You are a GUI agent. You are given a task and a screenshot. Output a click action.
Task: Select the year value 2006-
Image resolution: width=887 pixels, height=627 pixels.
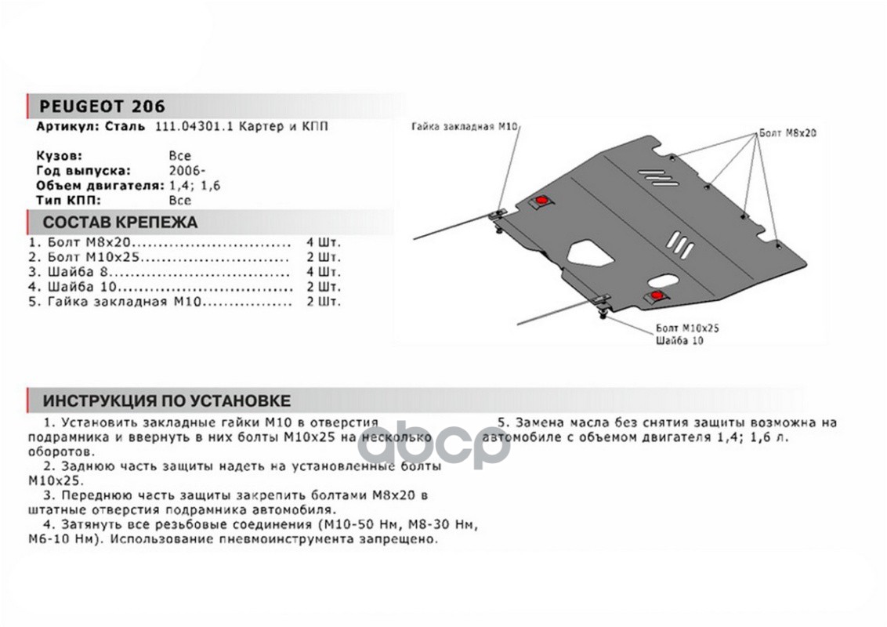tap(183, 170)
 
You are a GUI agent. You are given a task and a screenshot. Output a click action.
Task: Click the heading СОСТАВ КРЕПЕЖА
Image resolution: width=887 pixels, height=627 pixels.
tap(120, 222)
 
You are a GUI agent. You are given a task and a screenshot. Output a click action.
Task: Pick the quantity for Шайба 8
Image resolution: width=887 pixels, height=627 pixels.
tap(323, 272)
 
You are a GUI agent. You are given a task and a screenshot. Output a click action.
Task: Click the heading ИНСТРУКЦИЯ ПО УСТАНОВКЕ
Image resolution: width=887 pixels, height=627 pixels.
tap(166, 401)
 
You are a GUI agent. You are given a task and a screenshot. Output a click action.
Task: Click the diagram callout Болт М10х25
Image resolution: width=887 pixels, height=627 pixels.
tap(683, 328)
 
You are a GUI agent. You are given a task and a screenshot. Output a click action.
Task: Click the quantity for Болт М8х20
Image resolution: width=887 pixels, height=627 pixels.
tap(323, 242)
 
